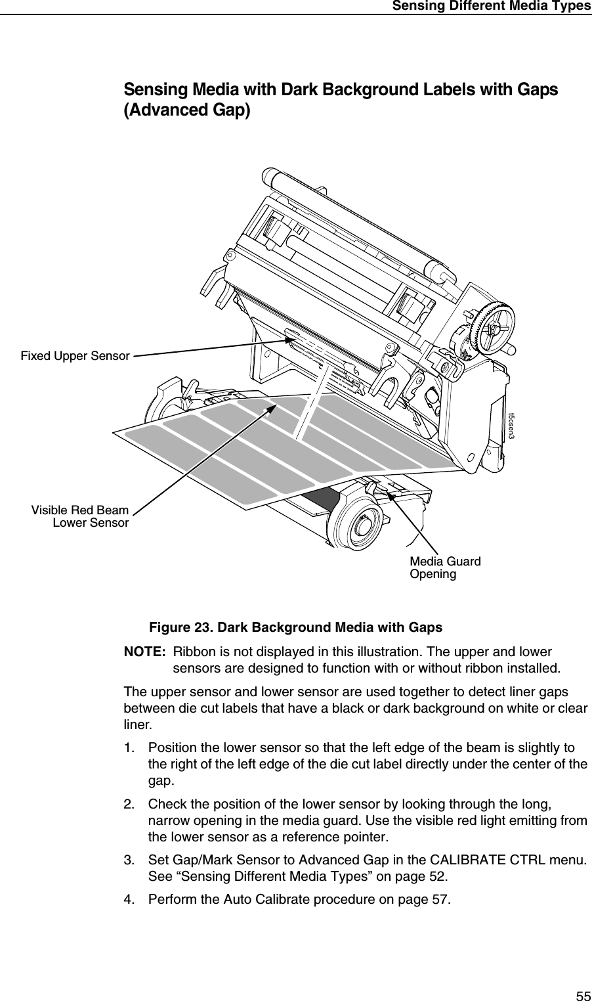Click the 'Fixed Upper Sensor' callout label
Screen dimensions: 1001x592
[75, 356]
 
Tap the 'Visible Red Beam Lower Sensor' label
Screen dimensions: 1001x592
[80, 516]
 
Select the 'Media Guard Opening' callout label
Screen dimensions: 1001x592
[444, 567]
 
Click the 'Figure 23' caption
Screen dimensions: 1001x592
[295, 627]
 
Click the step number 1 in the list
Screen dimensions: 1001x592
[129, 748]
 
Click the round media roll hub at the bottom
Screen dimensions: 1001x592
[357, 523]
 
